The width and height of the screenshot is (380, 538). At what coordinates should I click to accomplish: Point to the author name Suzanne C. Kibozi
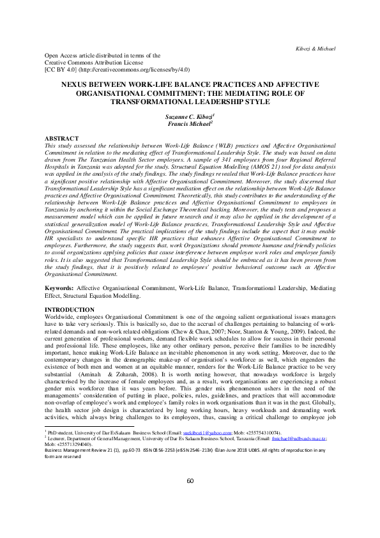[x=190, y=118]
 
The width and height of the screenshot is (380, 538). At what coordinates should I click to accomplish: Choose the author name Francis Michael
[x=190, y=125]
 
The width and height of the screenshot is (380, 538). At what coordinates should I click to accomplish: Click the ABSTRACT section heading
[x=61, y=139]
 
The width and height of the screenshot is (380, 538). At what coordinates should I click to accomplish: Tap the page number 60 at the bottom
[x=190, y=498]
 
